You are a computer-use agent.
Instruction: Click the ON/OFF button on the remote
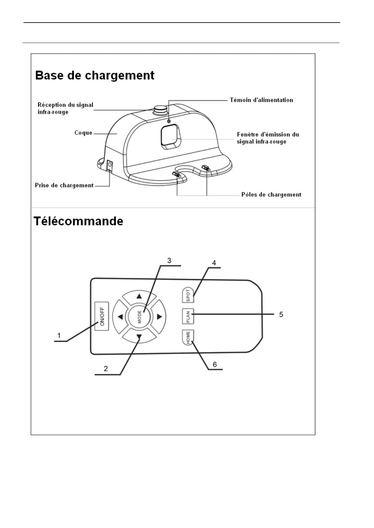[102, 316]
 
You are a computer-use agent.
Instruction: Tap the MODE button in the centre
[139, 316]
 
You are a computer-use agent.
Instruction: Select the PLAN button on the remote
[188, 316]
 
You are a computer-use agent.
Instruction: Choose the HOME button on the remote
[188, 337]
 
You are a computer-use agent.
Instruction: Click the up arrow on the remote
[139, 296]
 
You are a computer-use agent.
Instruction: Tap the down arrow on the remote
[139, 337]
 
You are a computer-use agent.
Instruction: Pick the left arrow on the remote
[120, 317]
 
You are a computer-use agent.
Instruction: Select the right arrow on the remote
[159, 317]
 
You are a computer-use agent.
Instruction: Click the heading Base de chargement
[95, 76]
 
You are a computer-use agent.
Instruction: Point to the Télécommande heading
[79, 221]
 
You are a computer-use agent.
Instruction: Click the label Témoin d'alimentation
[261, 100]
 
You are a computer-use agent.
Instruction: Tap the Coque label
[83, 133]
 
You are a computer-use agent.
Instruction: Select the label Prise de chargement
[64, 185]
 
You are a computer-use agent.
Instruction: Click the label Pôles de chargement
[271, 194]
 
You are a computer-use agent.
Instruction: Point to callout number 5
[281, 314]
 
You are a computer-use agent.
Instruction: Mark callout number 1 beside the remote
[59, 335]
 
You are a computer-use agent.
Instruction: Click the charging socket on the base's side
[110, 165]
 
